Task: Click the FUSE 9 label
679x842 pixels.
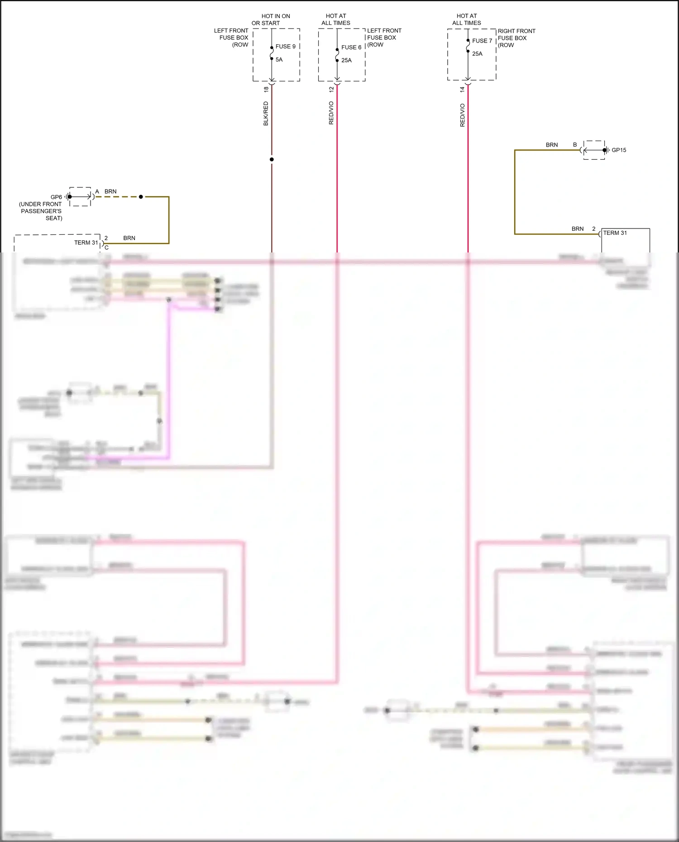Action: click(x=285, y=47)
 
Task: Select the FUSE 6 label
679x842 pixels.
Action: click(x=351, y=48)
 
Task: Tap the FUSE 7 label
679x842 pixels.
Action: click(x=482, y=41)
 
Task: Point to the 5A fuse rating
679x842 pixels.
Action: click(x=279, y=60)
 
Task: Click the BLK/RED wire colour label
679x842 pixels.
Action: click(x=266, y=114)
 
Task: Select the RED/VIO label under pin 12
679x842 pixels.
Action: click(x=331, y=113)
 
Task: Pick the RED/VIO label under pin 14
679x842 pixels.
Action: click(x=462, y=115)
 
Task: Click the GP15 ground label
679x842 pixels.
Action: click(x=619, y=150)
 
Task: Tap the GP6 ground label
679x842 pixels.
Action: click(x=56, y=197)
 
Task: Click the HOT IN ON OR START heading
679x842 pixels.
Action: click(x=271, y=19)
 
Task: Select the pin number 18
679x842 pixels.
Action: click(x=266, y=90)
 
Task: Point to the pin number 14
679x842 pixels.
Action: click(x=462, y=90)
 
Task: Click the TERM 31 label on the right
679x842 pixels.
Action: click(x=615, y=233)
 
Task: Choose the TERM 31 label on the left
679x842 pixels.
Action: click(x=86, y=243)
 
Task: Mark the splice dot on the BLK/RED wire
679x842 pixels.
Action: click(x=272, y=159)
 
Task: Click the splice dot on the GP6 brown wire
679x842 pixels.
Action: click(x=141, y=197)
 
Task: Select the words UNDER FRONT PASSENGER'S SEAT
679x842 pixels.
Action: click(x=41, y=211)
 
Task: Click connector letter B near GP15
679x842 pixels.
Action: click(x=575, y=145)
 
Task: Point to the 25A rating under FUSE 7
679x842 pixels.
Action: click(x=477, y=54)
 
